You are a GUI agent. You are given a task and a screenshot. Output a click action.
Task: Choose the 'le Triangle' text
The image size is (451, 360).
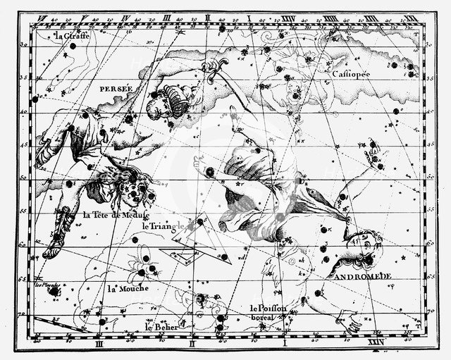[163, 226]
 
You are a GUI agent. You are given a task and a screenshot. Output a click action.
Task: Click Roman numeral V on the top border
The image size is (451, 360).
[84, 19]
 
